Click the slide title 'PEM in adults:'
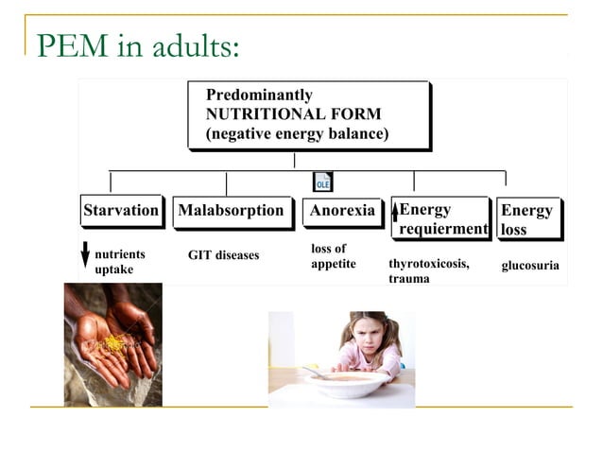click(x=138, y=45)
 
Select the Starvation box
click(x=121, y=211)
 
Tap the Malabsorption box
click(x=231, y=211)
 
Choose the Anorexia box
click(x=342, y=211)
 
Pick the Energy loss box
click(x=527, y=219)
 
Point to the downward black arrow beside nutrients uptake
click(x=85, y=255)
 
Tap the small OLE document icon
click(x=322, y=182)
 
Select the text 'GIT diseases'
click(x=223, y=255)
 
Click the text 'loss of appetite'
click(x=333, y=256)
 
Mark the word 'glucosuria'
click(x=529, y=266)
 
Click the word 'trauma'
click(x=408, y=279)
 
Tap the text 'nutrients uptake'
click(x=120, y=262)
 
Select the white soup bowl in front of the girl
click(x=346, y=383)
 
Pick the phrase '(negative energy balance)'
click(x=297, y=133)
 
